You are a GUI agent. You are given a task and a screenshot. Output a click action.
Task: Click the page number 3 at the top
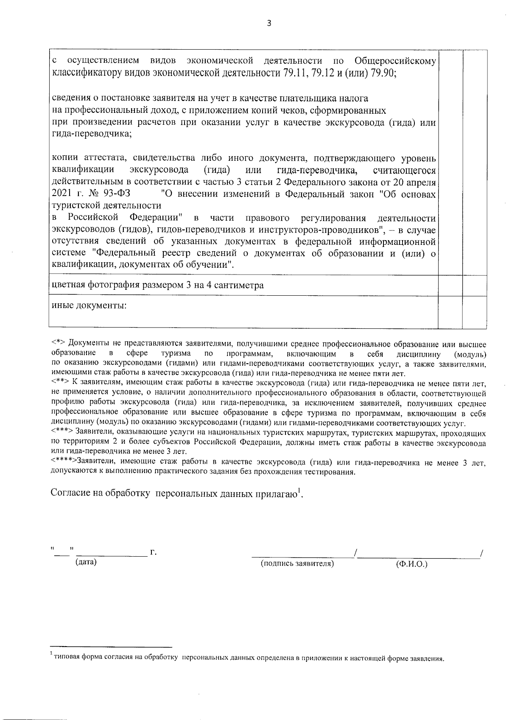coord(268,23)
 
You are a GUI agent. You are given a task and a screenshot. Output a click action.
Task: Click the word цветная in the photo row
coord(68,285)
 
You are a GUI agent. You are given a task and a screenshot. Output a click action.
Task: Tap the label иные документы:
coord(89,305)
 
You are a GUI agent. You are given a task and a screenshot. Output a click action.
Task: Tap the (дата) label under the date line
coord(86,563)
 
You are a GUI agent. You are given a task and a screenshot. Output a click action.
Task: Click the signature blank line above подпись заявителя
coord(302,555)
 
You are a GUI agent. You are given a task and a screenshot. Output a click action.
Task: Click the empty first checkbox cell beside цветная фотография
coord(450,285)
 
